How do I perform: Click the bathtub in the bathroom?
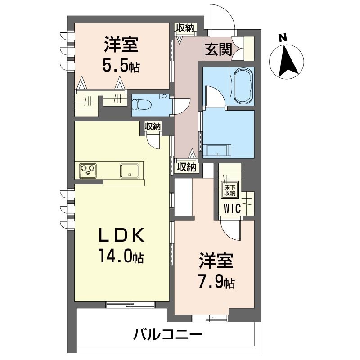(x=243, y=87)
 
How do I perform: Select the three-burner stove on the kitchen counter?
(x=88, y=171)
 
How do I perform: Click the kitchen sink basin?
(x=130, y=171)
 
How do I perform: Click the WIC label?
(x=232, y=208)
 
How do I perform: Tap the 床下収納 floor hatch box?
(x=230, y=190)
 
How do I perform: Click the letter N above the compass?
(x=283, y=38)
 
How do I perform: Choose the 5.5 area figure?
(x=115, y=65)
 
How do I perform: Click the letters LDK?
(x=121, y=234)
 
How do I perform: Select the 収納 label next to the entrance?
(x=185, y=28)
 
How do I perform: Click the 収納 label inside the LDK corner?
(x=153, y=126)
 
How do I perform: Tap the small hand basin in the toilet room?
(x=165, y=96)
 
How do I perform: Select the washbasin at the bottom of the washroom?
(x=216, y=151)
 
